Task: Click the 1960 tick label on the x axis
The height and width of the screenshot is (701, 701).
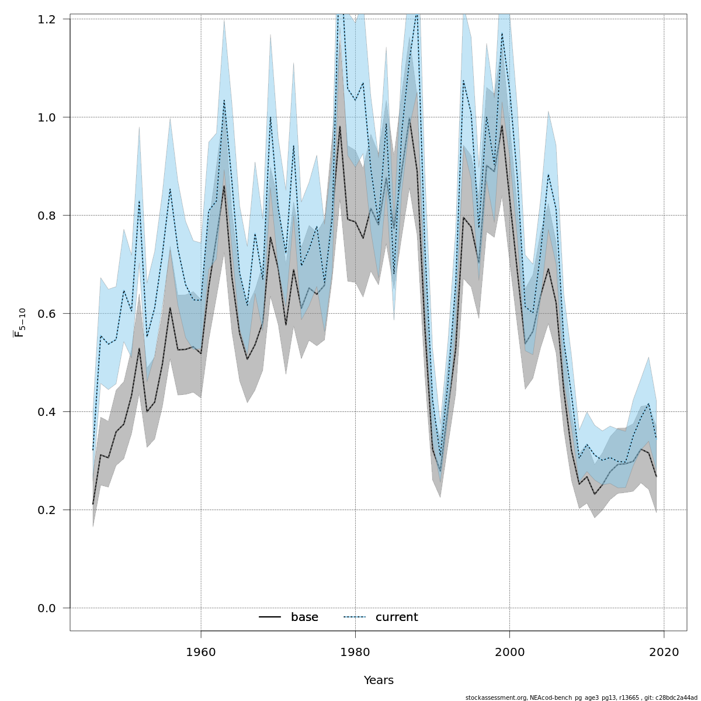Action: point(201,652)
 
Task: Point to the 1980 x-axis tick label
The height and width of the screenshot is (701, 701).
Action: point(355,652)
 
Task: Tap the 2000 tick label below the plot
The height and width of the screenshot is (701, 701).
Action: point(510,652)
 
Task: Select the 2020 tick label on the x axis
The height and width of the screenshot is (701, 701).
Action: point(664,652)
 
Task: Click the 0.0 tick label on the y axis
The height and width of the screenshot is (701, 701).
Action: point(47,608)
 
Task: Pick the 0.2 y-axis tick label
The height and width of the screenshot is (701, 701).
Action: point(47,510)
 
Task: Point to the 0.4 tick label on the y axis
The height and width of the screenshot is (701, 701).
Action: point(47,412)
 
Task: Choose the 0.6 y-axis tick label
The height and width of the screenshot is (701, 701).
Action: point(47,314)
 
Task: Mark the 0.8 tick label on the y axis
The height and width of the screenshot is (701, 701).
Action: point(47,216)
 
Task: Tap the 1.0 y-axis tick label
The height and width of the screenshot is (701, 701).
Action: point(47,117)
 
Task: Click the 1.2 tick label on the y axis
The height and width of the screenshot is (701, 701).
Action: point(47,19)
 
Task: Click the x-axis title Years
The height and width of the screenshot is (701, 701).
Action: point(379,681)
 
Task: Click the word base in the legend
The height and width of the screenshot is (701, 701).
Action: point(304,617)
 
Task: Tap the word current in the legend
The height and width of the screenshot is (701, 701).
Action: point(397,617)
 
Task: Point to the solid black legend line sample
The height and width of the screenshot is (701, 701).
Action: point(270,617)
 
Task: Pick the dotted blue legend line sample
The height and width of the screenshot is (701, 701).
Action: point(354,617)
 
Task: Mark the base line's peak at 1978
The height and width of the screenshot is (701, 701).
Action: point(340,126)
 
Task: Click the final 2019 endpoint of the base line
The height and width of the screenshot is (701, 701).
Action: point(657,477)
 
